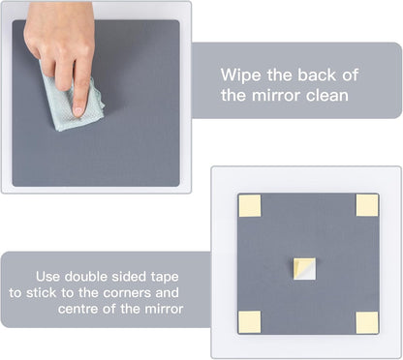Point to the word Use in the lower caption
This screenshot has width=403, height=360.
(x=47, y=277)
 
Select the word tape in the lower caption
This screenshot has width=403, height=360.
(x=165, y=278)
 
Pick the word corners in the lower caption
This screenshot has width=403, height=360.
(x=127, y=293)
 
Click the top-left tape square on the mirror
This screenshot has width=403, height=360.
(x=250, y=205)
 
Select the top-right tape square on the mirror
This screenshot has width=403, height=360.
(x=367, y=205)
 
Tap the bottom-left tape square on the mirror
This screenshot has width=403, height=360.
(x=250, y=322)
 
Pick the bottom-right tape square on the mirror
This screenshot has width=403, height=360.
(x=367, y=322)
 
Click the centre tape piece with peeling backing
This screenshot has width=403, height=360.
(x=304, y=268)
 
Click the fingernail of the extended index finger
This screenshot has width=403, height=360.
(x=78, y=110)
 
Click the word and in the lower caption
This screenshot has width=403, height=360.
(x=167, y=293)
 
